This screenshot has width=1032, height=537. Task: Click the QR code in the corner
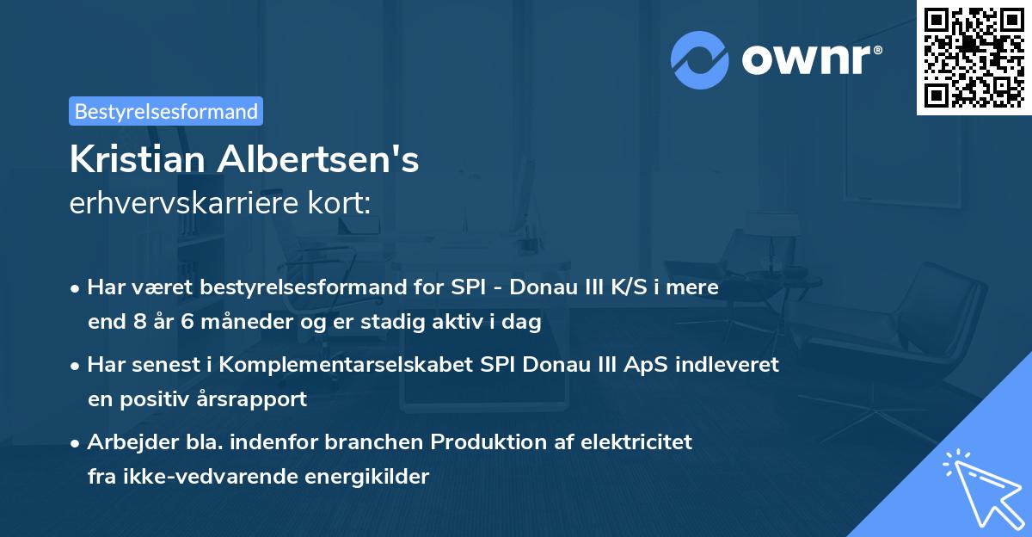974,57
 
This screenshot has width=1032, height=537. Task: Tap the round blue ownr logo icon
699,59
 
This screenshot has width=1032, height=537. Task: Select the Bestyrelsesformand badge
166,111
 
